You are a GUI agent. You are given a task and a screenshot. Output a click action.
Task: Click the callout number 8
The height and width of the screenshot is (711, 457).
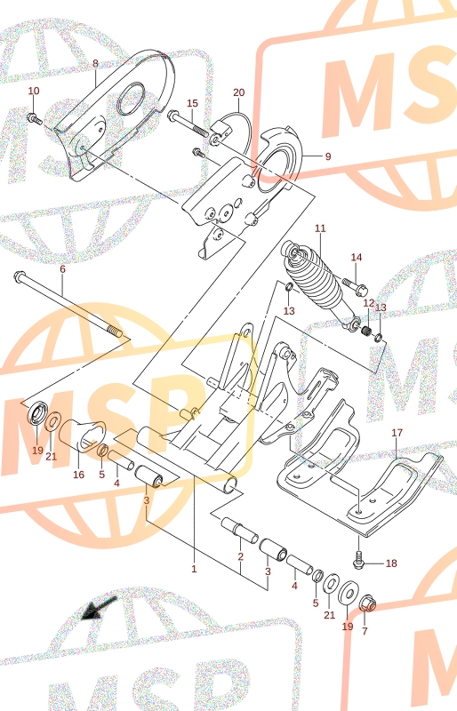(95, 63)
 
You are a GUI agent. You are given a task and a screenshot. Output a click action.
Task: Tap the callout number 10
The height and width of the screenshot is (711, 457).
(34, 92)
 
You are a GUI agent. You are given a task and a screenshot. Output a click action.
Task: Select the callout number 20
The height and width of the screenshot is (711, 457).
(238, 92)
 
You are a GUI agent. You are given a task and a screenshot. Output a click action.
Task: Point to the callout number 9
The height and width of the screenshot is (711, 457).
(328, 156)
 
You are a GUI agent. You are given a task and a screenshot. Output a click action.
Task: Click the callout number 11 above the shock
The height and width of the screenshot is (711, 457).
(320, 228)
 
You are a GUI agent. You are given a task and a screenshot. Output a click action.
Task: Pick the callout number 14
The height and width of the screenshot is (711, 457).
(357, 258)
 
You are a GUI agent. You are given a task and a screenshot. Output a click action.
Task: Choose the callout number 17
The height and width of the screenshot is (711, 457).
(397, 433)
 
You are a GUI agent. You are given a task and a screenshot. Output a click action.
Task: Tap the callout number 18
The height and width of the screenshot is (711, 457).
(391, 563)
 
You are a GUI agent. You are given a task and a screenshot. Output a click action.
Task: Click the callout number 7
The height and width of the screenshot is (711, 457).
(365, 631)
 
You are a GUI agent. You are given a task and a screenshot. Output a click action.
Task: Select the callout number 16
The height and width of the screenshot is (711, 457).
(78, 475)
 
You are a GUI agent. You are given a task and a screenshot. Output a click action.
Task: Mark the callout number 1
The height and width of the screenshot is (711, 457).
(194, 569)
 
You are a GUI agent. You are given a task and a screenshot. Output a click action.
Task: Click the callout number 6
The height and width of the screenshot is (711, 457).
(62, 269)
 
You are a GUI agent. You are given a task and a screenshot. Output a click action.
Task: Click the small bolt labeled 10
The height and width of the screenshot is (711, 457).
(35, 119)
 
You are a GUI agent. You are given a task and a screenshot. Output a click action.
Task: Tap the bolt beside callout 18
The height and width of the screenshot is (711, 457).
(358, 561)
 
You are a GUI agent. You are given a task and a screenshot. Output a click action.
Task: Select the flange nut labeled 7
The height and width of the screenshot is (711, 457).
(367, 604)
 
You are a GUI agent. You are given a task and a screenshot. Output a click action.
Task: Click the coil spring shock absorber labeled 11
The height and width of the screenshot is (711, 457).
(321, 284)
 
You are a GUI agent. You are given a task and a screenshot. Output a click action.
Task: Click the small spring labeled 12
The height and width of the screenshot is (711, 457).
(366, 332)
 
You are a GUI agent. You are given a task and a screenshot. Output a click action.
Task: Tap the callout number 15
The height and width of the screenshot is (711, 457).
(192, 103)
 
